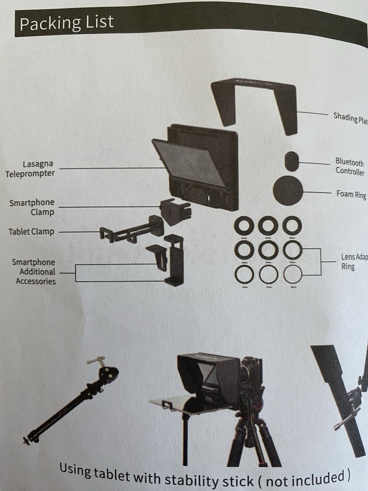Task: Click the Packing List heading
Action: [66, 23]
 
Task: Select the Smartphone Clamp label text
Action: [32, 207]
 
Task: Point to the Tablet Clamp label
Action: [31, 231]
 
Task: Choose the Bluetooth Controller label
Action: [350, 167]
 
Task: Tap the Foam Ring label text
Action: [351, 194]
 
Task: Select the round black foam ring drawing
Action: [288, 191]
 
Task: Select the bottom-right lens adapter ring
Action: [292, 274]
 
